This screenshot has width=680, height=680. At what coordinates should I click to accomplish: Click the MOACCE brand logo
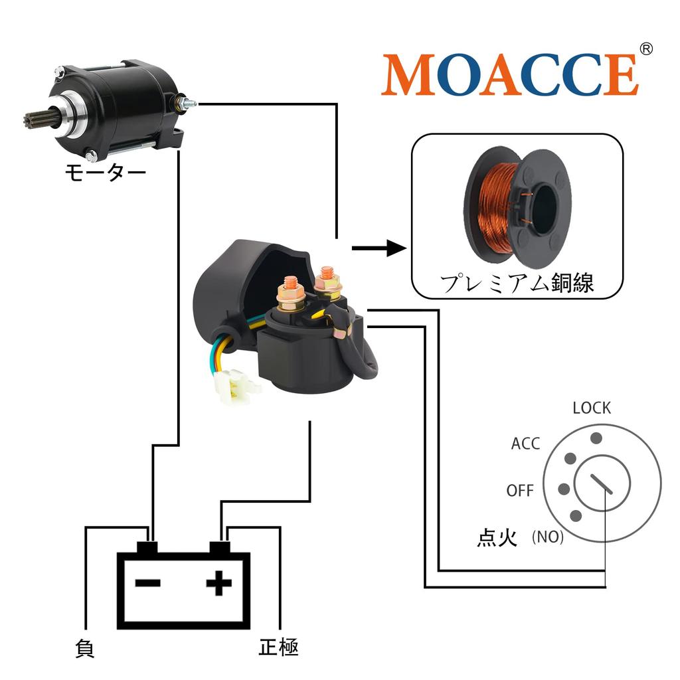click(510, 74)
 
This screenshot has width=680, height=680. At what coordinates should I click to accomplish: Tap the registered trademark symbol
click(646, 48)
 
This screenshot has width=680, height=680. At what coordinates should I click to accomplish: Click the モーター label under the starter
click(106, 172)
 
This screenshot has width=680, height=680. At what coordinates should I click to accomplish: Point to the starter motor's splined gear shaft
click(36, 119)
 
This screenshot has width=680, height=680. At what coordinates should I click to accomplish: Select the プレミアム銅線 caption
click(517, 283)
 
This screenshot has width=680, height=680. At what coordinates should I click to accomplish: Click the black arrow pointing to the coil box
click(379, 248)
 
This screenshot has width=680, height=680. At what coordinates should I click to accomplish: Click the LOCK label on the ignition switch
click(592, 408)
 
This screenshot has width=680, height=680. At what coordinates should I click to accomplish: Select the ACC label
click(526, 444)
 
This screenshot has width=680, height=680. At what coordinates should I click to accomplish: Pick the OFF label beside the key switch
click(519, 491)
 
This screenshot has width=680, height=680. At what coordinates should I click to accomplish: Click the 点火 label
click(497, 537)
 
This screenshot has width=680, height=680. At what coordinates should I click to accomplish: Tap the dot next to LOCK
click(596, 438)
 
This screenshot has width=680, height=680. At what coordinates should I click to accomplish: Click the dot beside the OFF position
click(564, 489)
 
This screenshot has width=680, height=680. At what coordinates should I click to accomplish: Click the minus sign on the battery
click(148, 583)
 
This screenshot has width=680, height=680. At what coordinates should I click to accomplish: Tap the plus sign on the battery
click(219, 583)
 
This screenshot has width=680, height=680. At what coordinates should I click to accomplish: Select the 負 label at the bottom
click(84, 648)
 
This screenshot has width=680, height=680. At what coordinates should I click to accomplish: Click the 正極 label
click(278, 647)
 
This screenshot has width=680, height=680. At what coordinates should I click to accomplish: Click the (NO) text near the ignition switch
click(548, 537)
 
